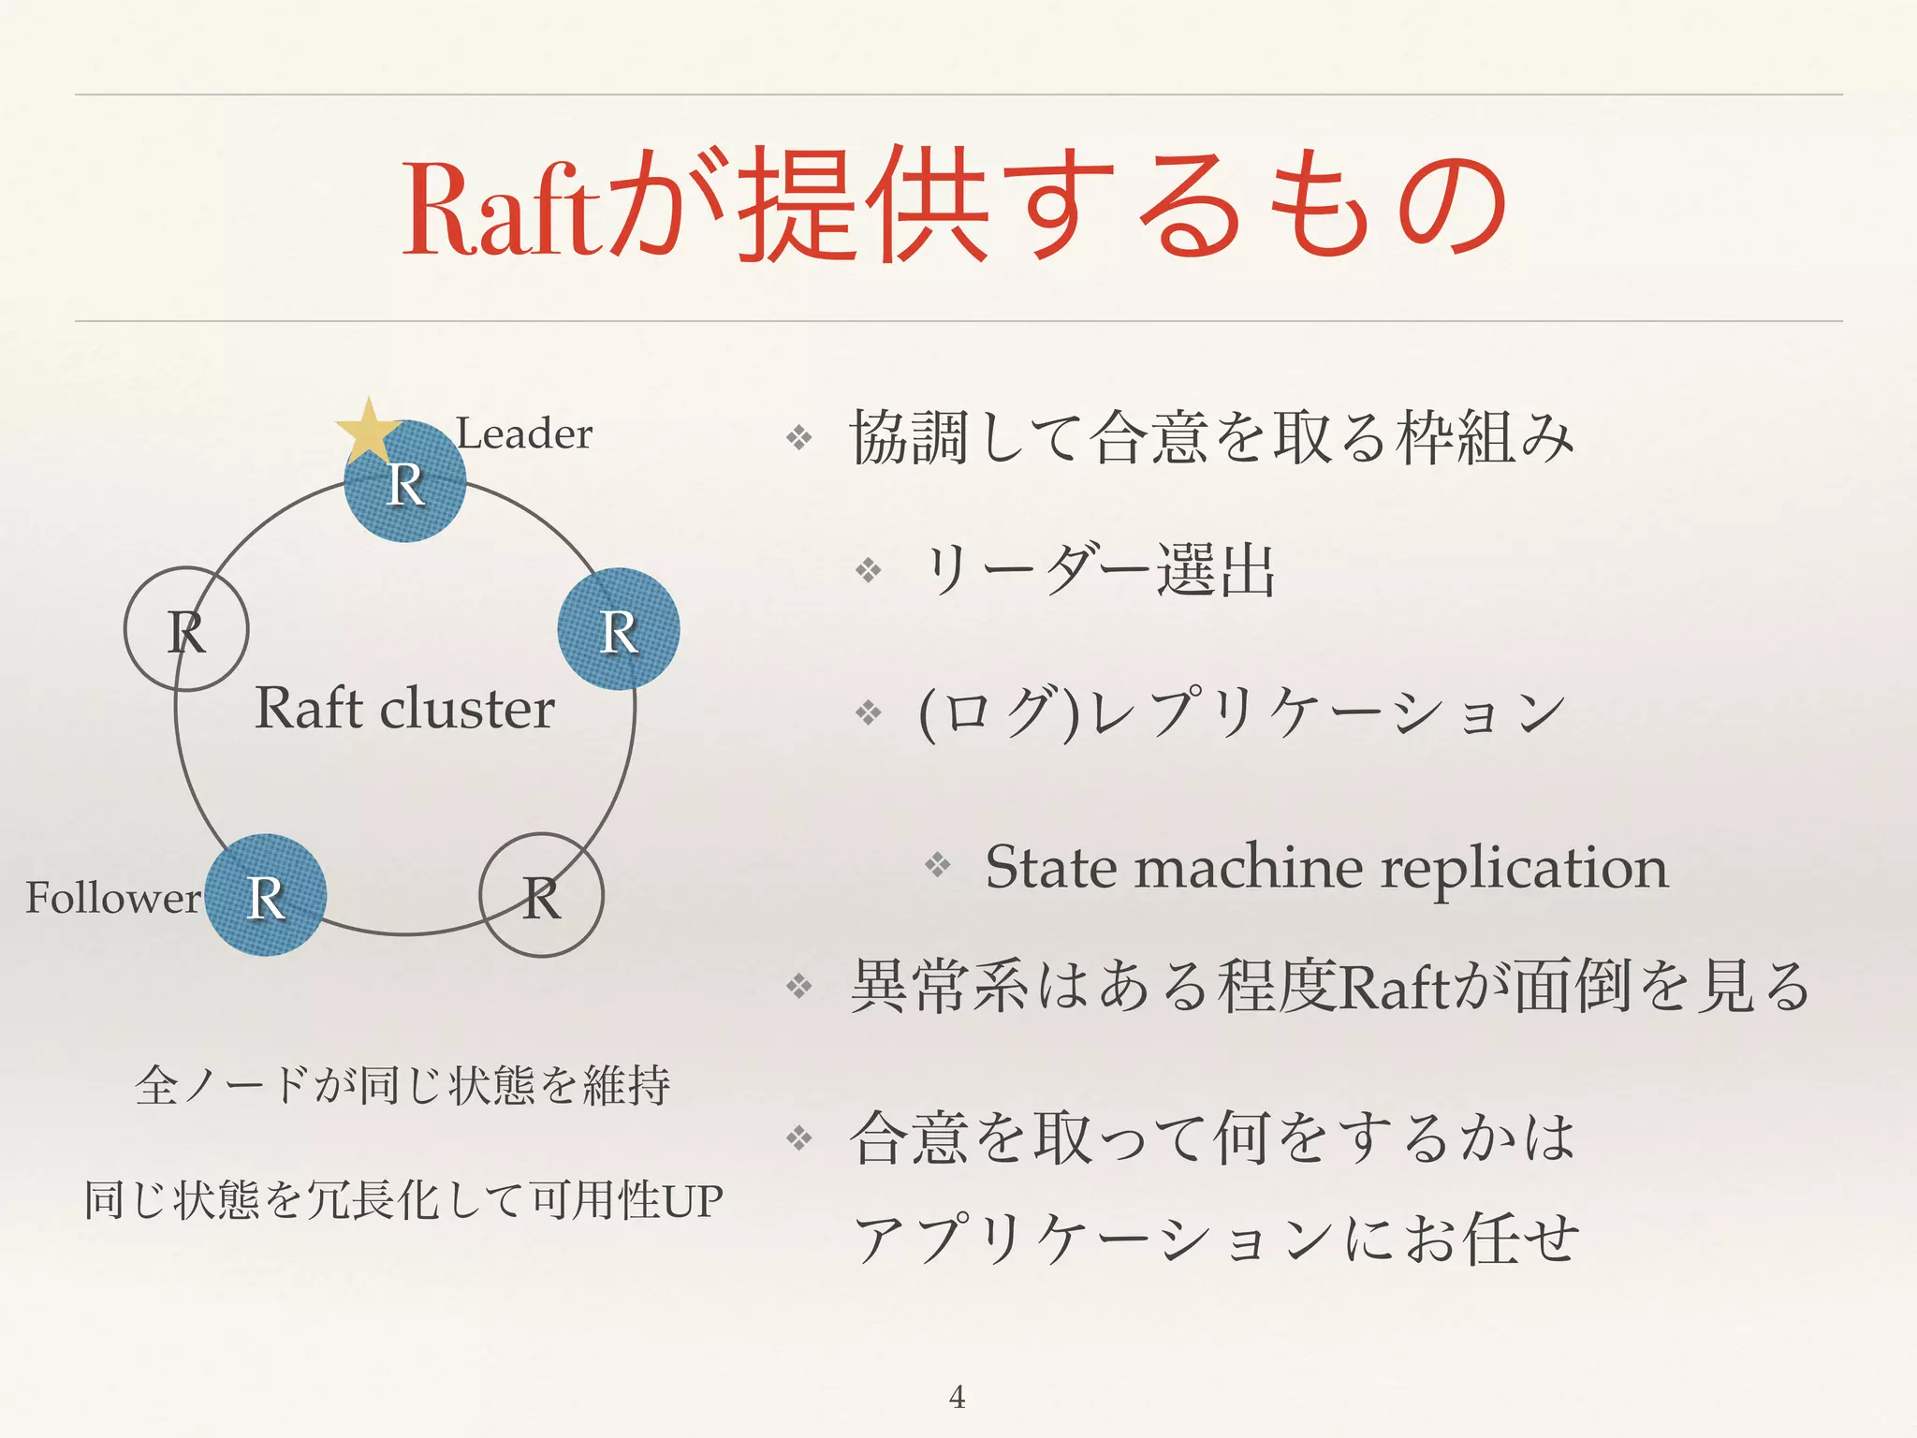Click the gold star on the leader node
[369, 432]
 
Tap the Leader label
[524, 434]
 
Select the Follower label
[112, 898]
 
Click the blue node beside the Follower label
[266, 895]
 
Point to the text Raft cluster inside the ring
[404, 708]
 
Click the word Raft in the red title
[501, 212]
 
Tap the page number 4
[957, 1397]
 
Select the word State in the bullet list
[1051, 867]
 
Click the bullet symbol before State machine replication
[937, 864]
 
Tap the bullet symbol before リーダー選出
[869, 570]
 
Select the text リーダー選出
[1099, 570]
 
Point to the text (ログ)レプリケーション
[1241, 714]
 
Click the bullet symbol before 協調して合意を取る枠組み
[798, 437]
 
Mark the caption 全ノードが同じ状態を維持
[403, 1086]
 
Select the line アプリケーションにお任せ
[1217, 1239]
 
